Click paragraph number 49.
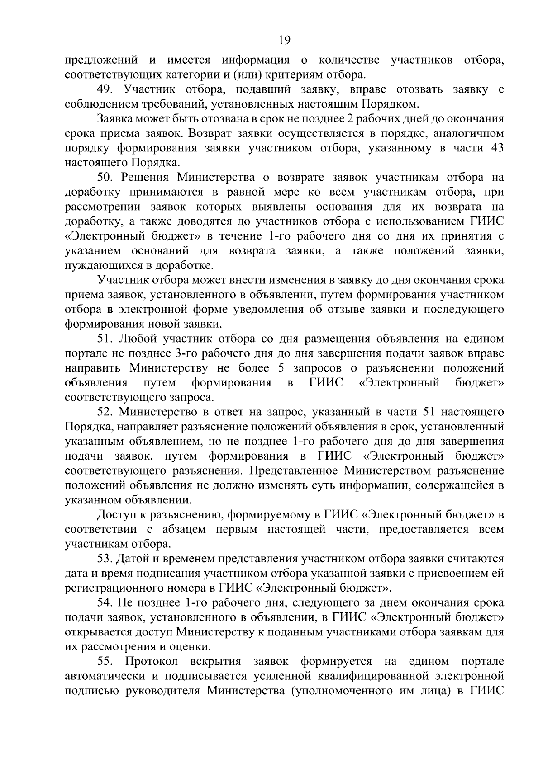point(105,89)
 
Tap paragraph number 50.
point(105,177)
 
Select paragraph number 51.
point(105,339)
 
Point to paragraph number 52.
point(105,412)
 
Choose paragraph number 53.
point(105,559)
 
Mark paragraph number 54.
point(105,602)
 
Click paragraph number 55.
point(105,661)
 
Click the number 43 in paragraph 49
point(497,148)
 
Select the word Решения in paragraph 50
point(145,177)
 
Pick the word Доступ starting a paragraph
point(115,515)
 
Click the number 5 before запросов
point(281,368)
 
